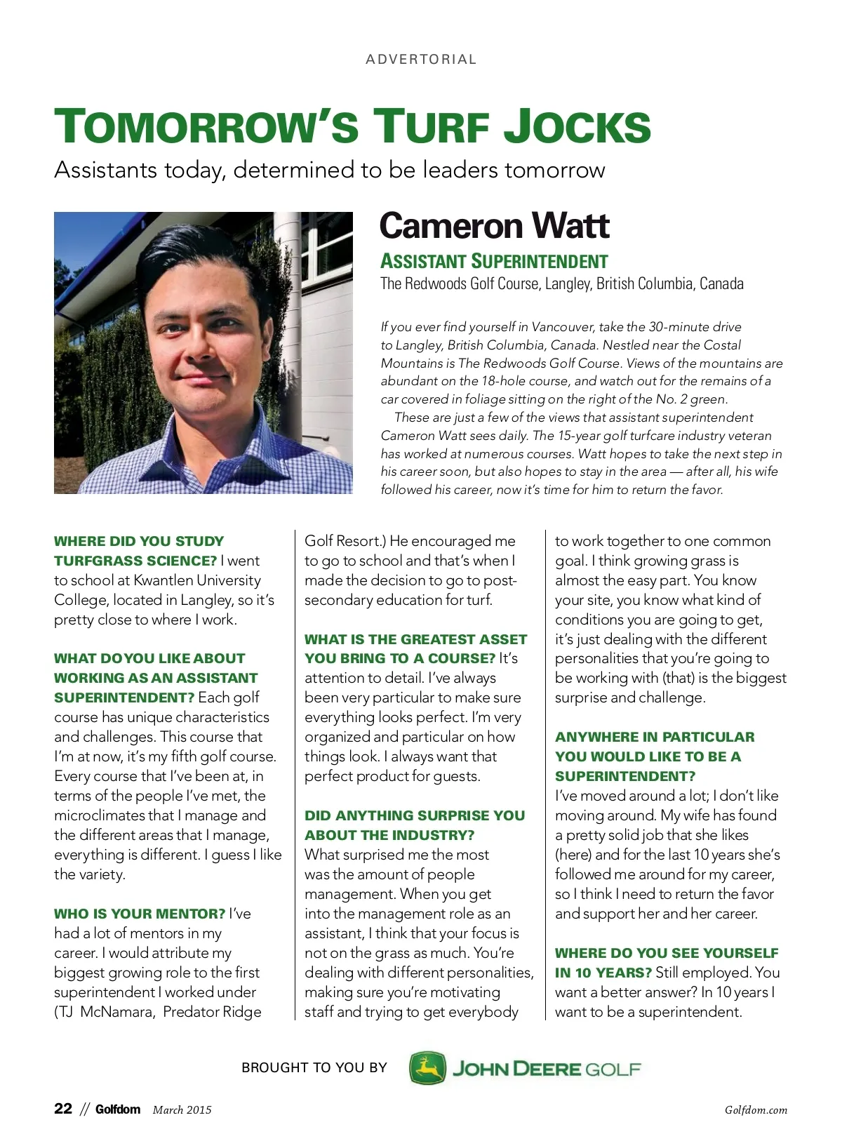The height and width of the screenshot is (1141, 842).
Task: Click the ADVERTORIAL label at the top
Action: click(421, 60)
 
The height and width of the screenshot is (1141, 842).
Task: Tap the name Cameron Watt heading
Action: click(494, 226)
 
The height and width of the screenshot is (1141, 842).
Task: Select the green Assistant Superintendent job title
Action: click(494, 262)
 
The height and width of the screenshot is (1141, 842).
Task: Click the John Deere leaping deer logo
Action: click(427, 1068)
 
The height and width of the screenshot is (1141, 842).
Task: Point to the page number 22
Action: click(62, 1109)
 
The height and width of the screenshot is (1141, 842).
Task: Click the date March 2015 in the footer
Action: click(182, 1110)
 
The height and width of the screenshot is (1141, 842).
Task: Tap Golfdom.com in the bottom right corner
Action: click(756, 1110)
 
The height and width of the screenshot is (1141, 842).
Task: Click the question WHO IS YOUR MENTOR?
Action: click(140, 914)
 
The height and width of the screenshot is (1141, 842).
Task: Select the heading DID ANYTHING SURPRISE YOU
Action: click(415, 815)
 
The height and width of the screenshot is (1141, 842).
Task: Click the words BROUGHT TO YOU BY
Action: click(314, 1068)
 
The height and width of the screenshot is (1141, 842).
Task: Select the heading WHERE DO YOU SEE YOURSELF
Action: click(667, 953)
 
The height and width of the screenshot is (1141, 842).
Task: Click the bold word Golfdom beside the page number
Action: click(118, 1109)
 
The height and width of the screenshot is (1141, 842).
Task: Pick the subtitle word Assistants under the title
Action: click(105, 170)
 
